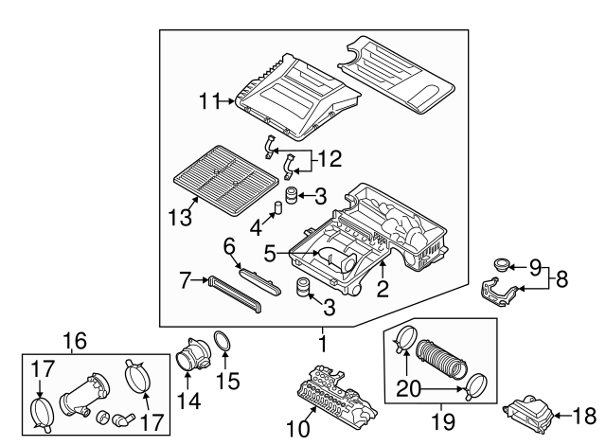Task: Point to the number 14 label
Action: coord(190,401)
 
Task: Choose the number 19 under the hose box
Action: coord(443,418)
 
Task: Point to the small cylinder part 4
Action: coord(279,208)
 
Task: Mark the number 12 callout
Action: coord(330,158)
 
